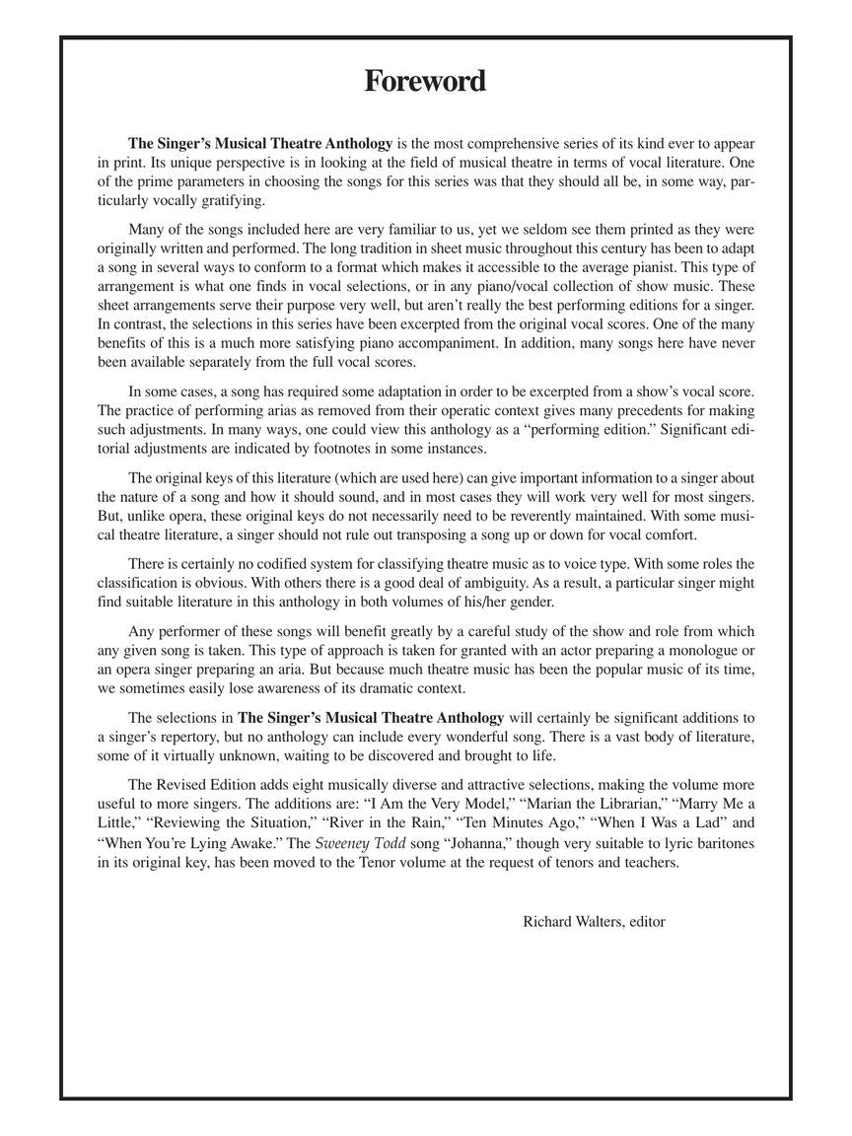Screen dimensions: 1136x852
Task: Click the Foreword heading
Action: (425, 81)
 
